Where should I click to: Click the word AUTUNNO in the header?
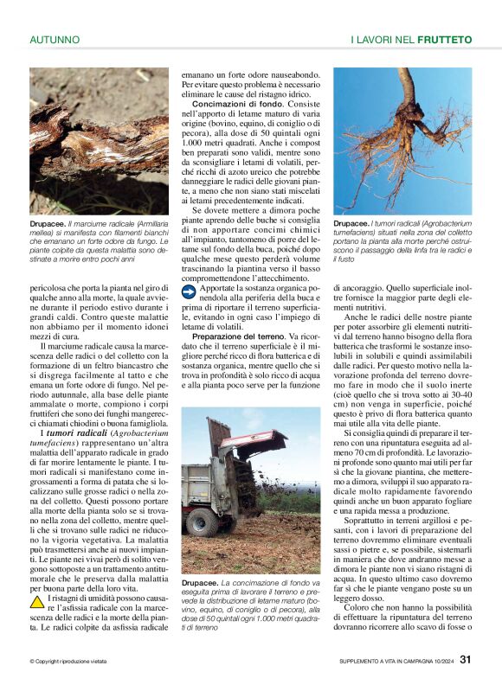pos(55,40)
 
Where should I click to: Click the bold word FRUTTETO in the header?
pos(444,40)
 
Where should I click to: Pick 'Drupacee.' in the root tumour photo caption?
pos(355,222)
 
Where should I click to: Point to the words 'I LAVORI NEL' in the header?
pos(382,40)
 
